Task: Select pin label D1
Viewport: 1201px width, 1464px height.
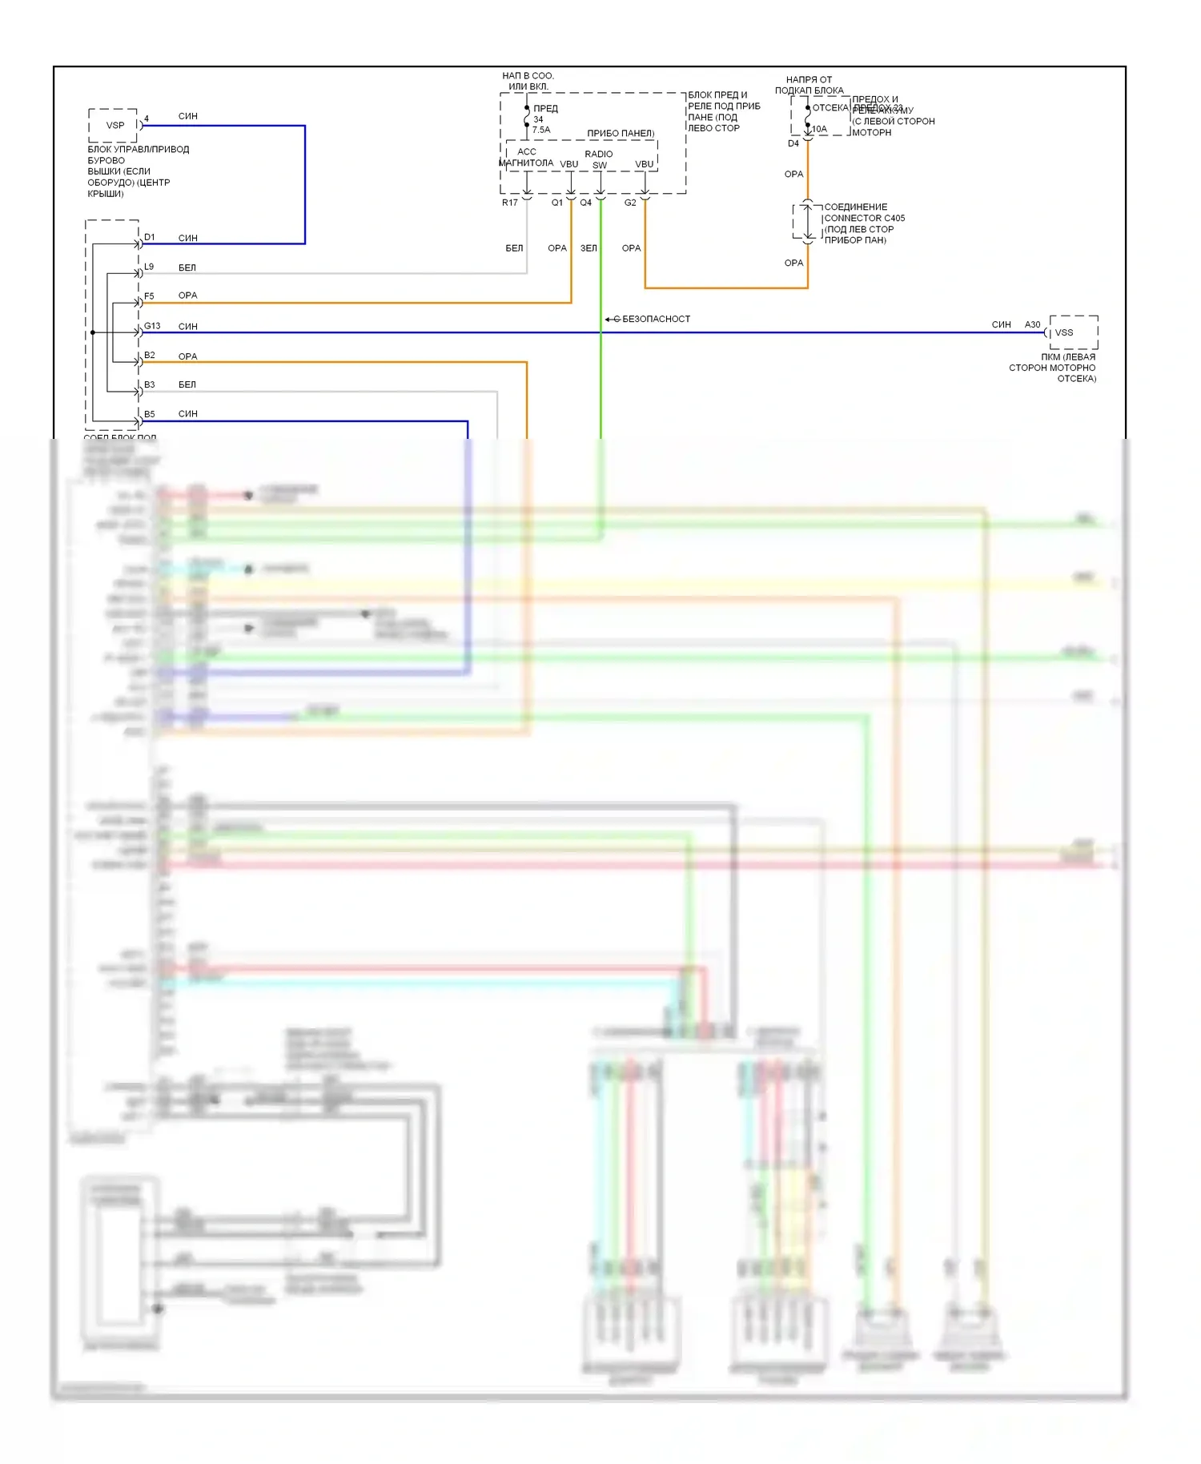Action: [x=150, y=237]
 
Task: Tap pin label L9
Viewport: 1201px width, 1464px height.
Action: [x=149, y=267]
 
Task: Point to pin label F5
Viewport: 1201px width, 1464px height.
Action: [x=149, y=296]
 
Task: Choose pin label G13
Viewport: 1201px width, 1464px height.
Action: [x=152, y=326]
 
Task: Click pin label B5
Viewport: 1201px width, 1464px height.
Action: [x=150, y=414]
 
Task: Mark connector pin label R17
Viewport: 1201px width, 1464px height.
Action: [x=510, y=203]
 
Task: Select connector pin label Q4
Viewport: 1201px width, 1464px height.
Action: [x=586, y=203]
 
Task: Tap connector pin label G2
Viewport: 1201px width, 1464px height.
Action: [x=630, y=203]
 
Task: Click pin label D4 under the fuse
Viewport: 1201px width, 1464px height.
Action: [x=793, y=144]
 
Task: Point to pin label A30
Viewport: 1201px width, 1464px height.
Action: [x=1032, y=324]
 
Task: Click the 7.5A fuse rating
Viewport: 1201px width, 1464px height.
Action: [x=541, y=130]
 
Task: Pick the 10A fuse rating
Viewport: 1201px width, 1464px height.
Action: [x=820, y=129]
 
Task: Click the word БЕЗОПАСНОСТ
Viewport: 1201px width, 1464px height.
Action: [x=656, y=319]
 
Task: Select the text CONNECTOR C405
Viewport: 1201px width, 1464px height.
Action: [x=865, y=218]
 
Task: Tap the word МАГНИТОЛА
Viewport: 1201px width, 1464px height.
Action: [x=526, y=163]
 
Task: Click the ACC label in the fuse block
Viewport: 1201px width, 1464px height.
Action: [x=527, y=151]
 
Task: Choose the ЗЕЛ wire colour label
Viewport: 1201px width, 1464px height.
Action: [x=588, y=248]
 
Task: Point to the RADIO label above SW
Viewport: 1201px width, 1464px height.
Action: [x=599, y=154]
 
